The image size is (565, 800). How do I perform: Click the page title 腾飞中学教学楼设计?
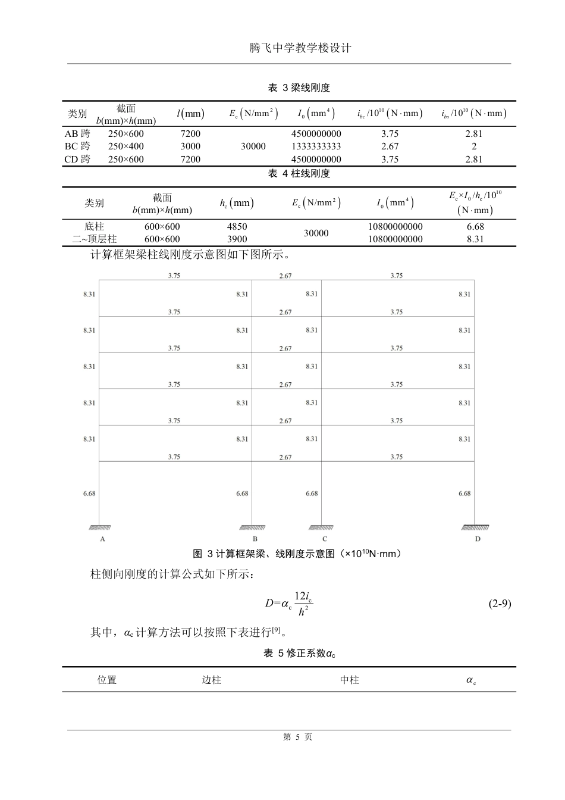(x=300, y=48)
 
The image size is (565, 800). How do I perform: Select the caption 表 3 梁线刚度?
(x=299, y=88)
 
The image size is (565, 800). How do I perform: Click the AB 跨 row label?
(x=77, y=134)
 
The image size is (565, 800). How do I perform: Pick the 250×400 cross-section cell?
(x=125, y=146)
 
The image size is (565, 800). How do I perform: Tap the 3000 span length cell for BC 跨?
(x=190, y=146)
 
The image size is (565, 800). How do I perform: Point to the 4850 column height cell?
(x=237, y=227)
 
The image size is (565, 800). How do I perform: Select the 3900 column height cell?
(x=237, y=239)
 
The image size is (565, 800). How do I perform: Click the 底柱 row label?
(x=94, y=227)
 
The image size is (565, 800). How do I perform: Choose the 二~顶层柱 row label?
(x=94, y=239)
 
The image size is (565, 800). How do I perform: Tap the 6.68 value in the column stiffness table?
(x=475, y=227)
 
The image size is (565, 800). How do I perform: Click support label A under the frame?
(x=103, y=539)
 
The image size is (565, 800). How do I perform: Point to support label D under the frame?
(x=478, y=539)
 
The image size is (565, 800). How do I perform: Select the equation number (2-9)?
(x=499, y=604)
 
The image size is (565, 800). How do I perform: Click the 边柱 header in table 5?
(x=211, y=680)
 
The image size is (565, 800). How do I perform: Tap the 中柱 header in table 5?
(x=349, y=680)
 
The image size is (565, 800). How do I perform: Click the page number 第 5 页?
(x=297, y=737)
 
